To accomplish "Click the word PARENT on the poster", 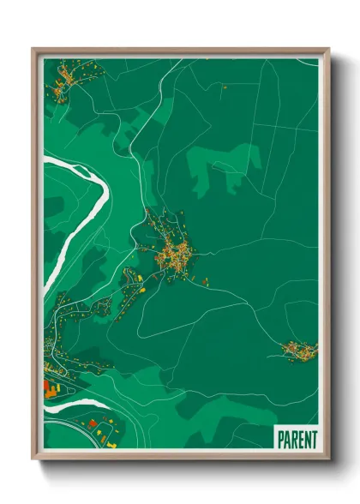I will point(296,439).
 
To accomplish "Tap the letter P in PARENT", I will point(280,439).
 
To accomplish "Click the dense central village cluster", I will point(176,253).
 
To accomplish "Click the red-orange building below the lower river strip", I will point(93,423).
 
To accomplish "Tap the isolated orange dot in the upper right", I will point(224,87).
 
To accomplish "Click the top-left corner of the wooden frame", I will point(34,50).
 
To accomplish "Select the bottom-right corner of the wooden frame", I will point(327,459).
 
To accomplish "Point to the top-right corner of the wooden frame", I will point(327,50).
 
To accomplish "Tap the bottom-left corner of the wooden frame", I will point(34,459).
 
